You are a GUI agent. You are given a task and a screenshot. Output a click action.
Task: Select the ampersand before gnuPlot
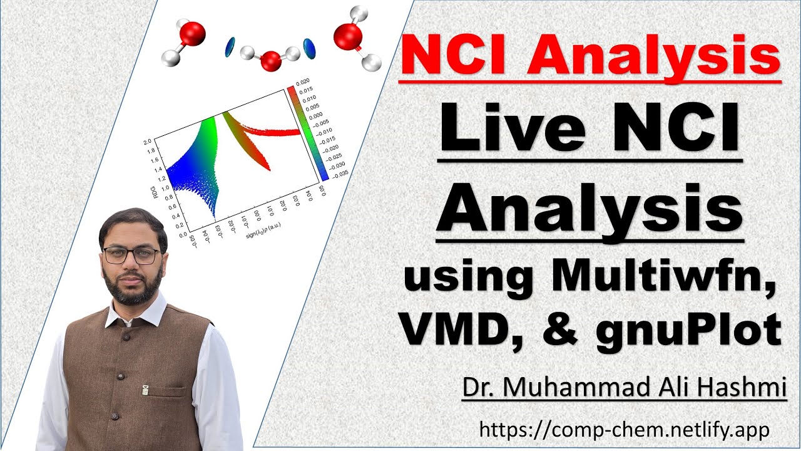(559, 329)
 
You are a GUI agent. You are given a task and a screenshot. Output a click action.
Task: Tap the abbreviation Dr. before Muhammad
(477, 386)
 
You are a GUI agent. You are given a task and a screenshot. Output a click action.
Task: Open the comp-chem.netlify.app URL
(624, 430)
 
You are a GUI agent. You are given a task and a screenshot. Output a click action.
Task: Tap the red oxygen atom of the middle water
(270, 61)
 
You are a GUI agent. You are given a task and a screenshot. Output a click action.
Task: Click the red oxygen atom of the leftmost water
(193, 33)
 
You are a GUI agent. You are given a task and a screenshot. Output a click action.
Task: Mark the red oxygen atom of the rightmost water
(348, 36)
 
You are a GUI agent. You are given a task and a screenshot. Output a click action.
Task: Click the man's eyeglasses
(131, 256)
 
